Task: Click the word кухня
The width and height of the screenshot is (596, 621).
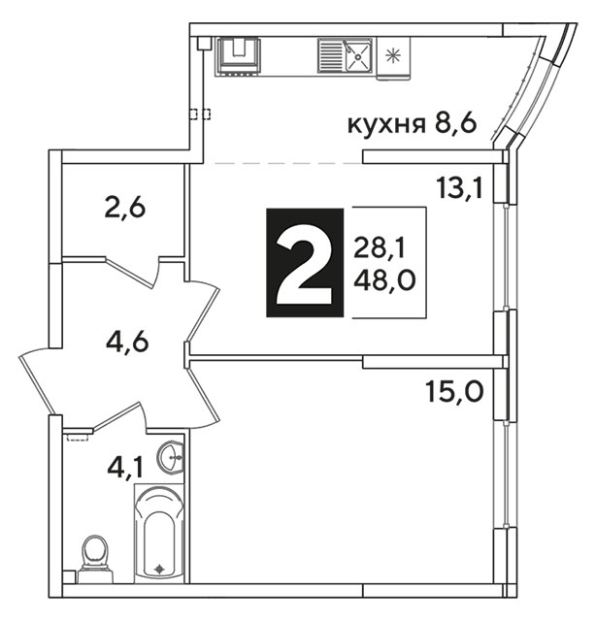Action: [x=386, y=125]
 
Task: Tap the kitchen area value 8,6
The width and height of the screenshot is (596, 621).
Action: [x=455, y=123]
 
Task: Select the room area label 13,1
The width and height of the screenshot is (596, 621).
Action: [x=460, y=187]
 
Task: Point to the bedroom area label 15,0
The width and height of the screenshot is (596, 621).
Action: [x=454, y=391]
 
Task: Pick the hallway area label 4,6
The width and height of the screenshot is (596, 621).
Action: [x=127, y=342]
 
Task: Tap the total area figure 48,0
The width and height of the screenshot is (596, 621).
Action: [x=384, y=280]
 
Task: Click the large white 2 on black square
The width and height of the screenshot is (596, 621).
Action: [x=305, y=263]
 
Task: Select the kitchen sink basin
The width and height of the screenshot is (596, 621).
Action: [x=358, y=56]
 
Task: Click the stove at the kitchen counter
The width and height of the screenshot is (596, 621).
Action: [x=238, y=56]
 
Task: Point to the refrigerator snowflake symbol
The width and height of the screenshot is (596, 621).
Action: [x=393, y=55]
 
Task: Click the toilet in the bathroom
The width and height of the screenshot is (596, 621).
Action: [x=95, y=559]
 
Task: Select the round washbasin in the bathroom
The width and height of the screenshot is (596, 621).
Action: [x=171, y=457]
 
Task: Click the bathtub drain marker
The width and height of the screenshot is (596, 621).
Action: [x=160, y=570]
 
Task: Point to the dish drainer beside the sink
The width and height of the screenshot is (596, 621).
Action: [x=330, y=56]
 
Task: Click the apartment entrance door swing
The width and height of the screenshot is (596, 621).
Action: [x=40, y=382]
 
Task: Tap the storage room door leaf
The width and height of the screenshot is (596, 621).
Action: [x=129, y=272]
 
